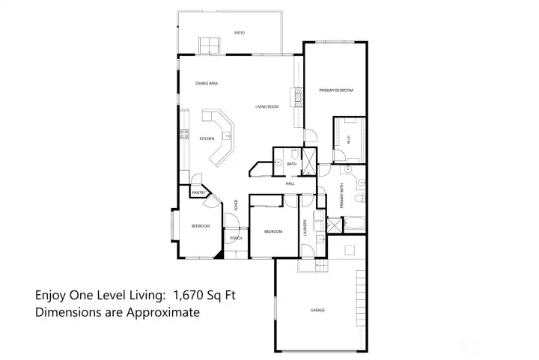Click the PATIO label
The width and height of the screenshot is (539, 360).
coord(240,33)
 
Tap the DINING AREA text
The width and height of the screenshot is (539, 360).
coord(207,83)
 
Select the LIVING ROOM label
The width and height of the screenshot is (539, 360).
coord(267,106)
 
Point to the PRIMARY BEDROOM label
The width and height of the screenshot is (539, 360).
coord(335,91)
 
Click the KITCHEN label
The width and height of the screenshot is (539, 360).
coord(207,138)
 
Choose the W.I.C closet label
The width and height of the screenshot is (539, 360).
coord(347,138)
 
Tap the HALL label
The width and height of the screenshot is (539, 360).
coord(290,183)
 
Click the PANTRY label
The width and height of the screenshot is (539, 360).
coord(198,193)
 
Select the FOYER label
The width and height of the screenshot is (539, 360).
coord(237,204)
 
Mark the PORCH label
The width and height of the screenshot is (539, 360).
coord(235,239)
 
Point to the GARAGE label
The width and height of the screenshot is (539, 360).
coord(317,309)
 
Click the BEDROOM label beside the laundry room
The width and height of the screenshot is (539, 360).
coord(273,232)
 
